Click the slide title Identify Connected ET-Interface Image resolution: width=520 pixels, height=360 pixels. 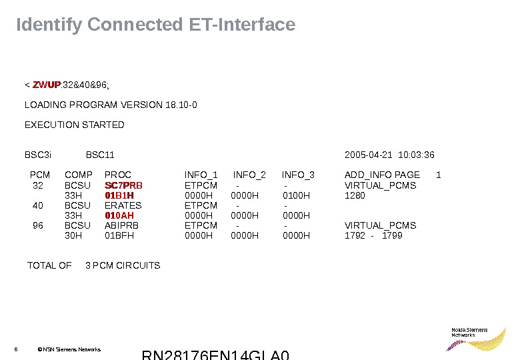point(155,25)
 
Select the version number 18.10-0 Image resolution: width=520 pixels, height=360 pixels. point(180,105)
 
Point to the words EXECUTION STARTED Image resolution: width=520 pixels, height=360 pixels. point(74,125)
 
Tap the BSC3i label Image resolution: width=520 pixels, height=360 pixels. point(38,155)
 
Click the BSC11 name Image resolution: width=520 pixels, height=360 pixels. point(101,155)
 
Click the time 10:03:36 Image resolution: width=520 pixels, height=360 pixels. point(416,155)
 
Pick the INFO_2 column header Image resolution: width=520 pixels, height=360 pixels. point(249,175)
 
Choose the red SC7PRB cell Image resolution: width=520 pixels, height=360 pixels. point(124,185)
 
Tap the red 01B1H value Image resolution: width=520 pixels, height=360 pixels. point(119,195)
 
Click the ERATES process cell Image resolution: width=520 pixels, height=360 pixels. point(123,205)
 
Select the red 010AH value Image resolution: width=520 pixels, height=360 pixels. point(119,215)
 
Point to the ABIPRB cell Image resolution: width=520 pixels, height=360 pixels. point(121,225)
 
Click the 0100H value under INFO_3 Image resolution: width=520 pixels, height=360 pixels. point(297,195)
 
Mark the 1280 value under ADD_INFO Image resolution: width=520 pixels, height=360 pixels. point(355,195)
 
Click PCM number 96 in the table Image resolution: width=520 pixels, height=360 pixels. point(38,225)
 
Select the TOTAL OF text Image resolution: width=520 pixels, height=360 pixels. point(49,265)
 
